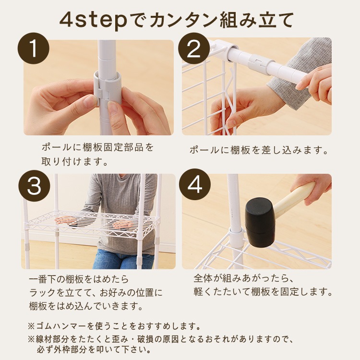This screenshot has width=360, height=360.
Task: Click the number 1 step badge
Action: pyautogui.click(x=34, y=48)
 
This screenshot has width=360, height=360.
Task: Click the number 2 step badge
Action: pyautogui.click(x=194, y=48)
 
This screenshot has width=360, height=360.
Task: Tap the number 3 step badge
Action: pyautogui.click(x=34, y=186)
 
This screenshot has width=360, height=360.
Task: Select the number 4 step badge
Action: pyautogui.click(x=195, y=185)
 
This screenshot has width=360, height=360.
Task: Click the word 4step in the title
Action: pyautogui.click(x=94, y=20)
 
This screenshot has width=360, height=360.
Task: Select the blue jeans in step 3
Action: pyautogui.click(x=123, y=259)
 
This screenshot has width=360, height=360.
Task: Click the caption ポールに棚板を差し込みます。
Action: pyautogui.click(x=259, y=150)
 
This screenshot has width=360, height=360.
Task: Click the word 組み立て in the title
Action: pyautogui.click(x=257, y=20)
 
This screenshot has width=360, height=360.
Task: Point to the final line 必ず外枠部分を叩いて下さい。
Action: pyautogui.click(x=94, y=350)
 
